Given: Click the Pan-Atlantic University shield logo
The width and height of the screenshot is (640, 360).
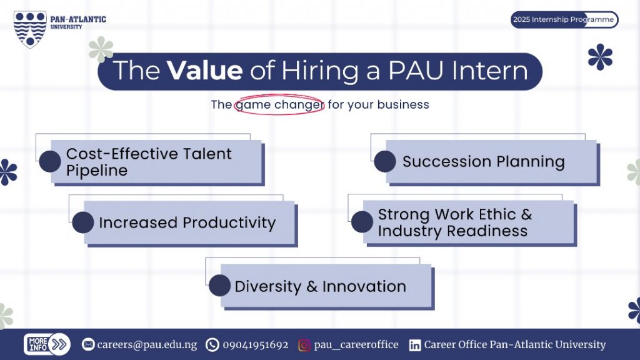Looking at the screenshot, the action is pyautogui.click(x=30, y=30).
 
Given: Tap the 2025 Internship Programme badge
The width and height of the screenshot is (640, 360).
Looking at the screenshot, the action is pyautogui.click(x=564, y=19).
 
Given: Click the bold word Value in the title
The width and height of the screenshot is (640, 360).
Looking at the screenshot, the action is pyautogui.click(x=204, y=70).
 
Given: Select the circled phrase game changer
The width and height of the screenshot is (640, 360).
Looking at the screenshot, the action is pyautogui.click(x=279, y=105).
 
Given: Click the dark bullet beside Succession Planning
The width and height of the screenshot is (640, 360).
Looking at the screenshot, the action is pyautogui.click(x=385, y=161).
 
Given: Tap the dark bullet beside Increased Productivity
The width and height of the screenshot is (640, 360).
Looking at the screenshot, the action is pyautogui.click(x=83, y=222).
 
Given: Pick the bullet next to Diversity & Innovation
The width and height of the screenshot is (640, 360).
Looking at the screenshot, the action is pyautogui.click(x=219, y=285).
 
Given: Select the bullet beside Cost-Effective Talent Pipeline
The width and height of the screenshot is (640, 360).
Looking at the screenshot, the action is pyautogui.click(x=50, y=161).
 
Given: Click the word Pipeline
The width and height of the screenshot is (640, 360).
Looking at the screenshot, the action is pyautogui.click(x=97, y=171).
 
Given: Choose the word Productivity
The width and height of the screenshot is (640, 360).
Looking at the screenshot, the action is pyautogui.click(x=229, y=223).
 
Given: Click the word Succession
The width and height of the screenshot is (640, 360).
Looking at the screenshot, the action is pyautogui.click(x=447, y=162).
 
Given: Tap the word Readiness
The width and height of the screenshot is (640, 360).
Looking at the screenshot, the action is pyautogui.click(x=487, y=231).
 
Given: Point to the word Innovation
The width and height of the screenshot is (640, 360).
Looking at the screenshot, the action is pyautogui.click(x=364, y=286).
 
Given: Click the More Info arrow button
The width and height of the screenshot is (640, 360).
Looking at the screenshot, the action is pyautogui.click(x=47, y=344).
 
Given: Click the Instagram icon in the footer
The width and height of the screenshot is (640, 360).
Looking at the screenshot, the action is pyautogui.click(x=304, y=345).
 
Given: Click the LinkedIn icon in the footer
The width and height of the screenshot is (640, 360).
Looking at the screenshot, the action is pyautogui.click(x=415, y=345).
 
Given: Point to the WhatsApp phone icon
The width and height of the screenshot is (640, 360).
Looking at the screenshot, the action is pyautogui.click(x=212, y=345).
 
